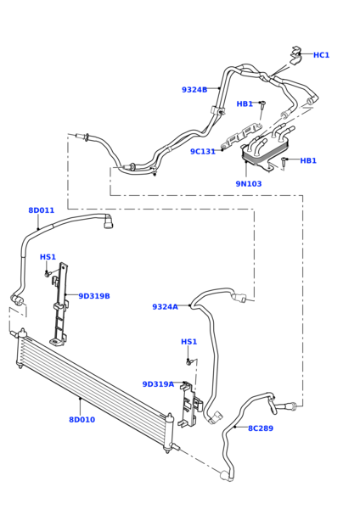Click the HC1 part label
point(321,55)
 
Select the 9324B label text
point(194,90)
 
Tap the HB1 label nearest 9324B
point(245,104)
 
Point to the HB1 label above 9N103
point(307,160)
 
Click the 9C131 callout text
point(203,152)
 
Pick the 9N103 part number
point(248,183)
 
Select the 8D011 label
point(41,210)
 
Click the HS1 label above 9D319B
point(48,257)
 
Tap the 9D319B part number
point(94,296)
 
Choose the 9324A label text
point(165,307)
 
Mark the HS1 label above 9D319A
point(188,342)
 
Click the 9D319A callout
point(158,384)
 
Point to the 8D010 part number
point(82,420)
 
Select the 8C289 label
point(261,428)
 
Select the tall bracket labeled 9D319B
point(60,305)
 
